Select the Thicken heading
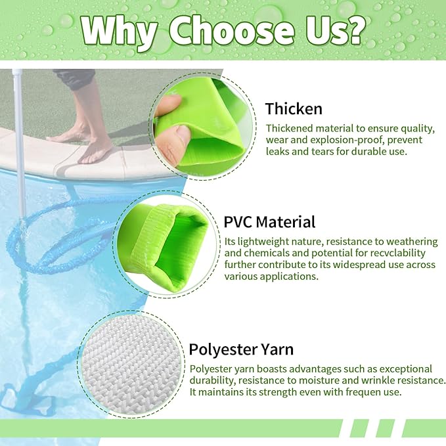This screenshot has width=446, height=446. tap(294, 108)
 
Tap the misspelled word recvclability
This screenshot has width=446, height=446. tap(393, 253)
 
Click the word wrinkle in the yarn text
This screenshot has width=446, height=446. tap(372, 380)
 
